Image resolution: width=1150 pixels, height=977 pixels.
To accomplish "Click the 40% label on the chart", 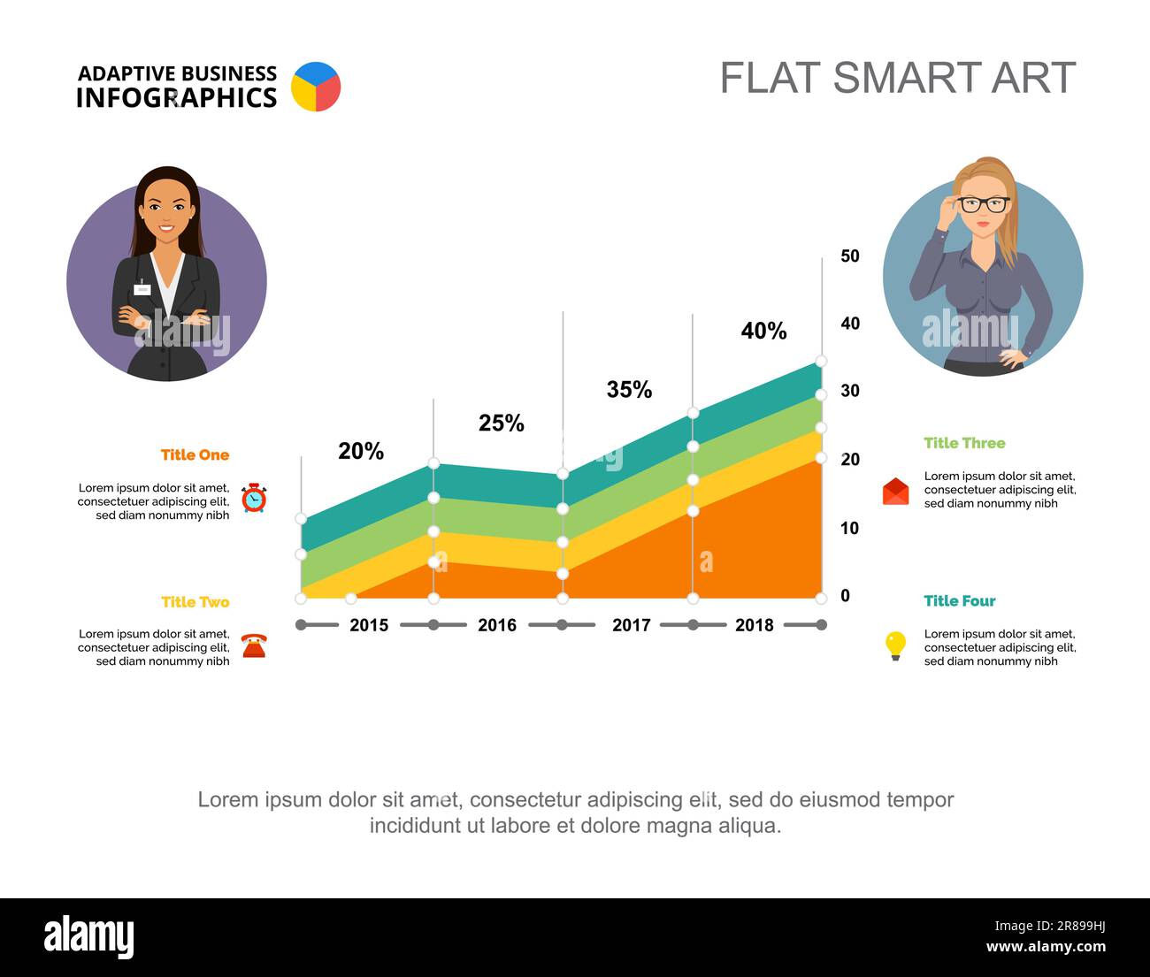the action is (763, 331).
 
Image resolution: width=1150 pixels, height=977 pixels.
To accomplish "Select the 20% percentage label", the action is (361, 451).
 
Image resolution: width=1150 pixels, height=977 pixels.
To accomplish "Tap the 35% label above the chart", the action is (629, 389).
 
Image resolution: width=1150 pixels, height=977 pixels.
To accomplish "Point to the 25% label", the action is (501, 424).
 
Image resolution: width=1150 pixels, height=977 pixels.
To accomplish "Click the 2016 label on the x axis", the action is (497, 625).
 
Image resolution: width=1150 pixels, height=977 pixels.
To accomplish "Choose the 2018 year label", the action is (755, 625).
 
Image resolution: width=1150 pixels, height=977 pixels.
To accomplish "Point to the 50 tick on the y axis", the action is (850, 256).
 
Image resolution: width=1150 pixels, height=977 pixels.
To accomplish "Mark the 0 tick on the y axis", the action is (845, 596).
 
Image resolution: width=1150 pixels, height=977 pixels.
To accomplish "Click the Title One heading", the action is (195, 454).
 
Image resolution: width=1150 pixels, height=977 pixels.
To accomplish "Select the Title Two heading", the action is (195, 601).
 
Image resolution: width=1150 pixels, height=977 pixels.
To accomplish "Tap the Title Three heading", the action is (965, 443).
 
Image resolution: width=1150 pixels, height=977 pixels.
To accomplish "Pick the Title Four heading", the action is (960, 600).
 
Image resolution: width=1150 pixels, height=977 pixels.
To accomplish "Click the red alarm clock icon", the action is (254, 498).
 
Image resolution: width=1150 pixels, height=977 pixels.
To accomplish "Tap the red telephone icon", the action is (254, 645).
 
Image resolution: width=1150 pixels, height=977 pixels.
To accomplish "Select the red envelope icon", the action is (896, 491).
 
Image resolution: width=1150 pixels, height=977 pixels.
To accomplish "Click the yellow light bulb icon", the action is (896, 645).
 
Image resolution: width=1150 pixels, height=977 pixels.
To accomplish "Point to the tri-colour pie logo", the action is (316, 87).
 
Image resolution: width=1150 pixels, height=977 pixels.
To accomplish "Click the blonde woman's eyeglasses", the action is (983, 204).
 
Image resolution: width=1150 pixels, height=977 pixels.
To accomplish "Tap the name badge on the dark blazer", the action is (142, 289).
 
